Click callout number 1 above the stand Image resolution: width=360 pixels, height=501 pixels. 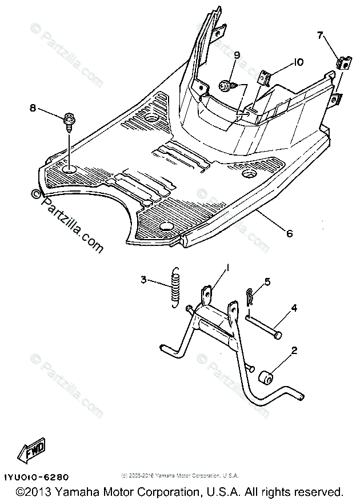click(227, 268)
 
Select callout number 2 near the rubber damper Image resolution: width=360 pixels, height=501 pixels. click(294, 350)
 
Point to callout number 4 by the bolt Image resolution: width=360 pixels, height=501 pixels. click(294, 308)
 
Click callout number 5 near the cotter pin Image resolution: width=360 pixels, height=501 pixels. click(266, 281)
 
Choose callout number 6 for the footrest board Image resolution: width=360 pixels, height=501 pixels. click(289, 234)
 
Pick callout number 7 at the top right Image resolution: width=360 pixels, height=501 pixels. click(320, 36)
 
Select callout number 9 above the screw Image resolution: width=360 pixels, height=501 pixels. click(237, 55)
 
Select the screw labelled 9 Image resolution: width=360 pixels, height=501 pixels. click(223, 86)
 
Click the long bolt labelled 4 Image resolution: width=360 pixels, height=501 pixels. click(264, 325)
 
